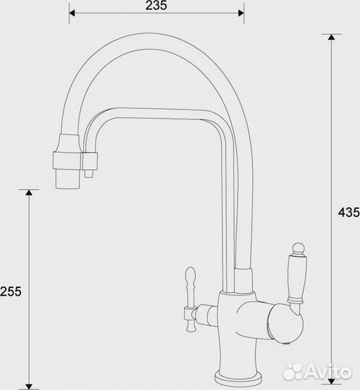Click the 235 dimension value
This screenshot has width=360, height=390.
pos(156,6)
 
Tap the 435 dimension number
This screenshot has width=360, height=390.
pos(349,212)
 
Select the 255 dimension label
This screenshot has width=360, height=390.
pos(11,292)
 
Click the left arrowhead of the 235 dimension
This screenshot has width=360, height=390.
pos(72,13)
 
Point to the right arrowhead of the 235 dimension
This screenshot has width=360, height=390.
pos(241,13)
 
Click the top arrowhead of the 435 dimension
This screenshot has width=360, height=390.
pos(331,37)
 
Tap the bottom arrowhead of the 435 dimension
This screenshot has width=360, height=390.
pos(331,381)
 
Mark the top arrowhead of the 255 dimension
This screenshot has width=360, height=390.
pos(29,193)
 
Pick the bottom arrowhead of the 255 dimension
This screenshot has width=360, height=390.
pos(29,387)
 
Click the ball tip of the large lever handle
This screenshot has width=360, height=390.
pos(299,248)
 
